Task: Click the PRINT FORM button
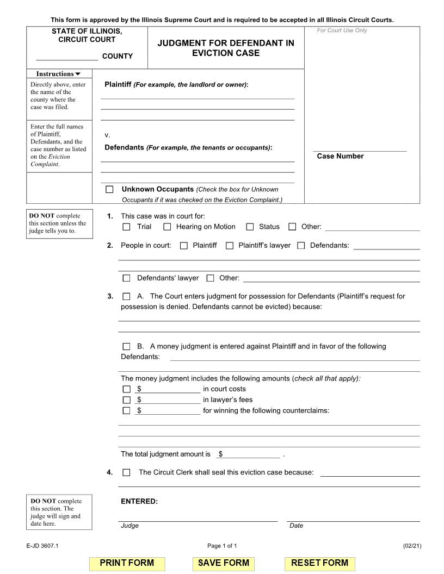pos(127,563)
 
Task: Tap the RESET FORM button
pos(319,563)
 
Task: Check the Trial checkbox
pos(127,227)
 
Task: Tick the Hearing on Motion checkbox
pos(167,227)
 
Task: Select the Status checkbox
pos(250,227)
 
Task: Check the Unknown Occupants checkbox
pos(110,190)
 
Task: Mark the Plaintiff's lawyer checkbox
pos(230,246)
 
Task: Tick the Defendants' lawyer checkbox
pos(127,278)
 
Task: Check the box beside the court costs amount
pos(127,389)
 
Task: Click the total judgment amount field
pos(249,454)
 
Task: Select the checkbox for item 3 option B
pos(127,346)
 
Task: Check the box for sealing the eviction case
pos(127,473)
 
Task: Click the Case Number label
pos(340,157)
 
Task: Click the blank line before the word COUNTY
pos(67,57)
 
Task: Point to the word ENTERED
pos(139,501)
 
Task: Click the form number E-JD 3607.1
pos(42,546)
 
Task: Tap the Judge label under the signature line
pos(129,526)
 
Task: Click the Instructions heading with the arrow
pos(58,74)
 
